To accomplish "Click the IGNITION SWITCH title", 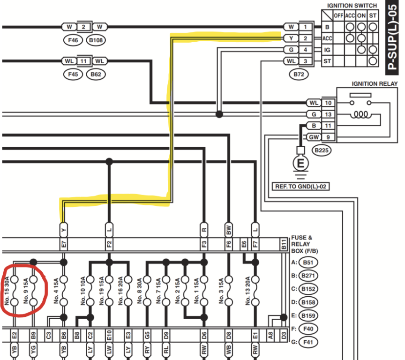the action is (x=352, y=6).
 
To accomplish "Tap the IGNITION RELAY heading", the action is (x=375, y=84).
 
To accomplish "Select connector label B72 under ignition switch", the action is (x=299, y=75).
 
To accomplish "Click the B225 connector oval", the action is (x=322, y=150).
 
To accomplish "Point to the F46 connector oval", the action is (x=73, y=40).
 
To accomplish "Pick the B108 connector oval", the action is (x=96, y=40).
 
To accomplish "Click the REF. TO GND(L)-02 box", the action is (x=300, y=187).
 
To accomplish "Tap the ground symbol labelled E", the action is (x=300, y=165).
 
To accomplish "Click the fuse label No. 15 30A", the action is (x=7, y=291).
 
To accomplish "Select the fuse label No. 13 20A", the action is (x=247, y=291).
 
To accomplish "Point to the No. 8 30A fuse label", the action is (x=140, y=291).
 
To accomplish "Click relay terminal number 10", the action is (x=328, y=103).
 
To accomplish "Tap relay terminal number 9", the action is (x=328, y=137).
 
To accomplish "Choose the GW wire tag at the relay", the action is (x=314, y=137).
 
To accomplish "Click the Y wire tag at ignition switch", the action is (x=291, y=38).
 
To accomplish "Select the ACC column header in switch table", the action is (x=350, y=16).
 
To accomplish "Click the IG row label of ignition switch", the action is (x=327, y=50).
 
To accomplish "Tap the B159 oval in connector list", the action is (x=308, y=315).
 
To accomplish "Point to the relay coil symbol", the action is (x=361, y=114).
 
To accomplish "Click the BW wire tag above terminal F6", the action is (x=229, y=230).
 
